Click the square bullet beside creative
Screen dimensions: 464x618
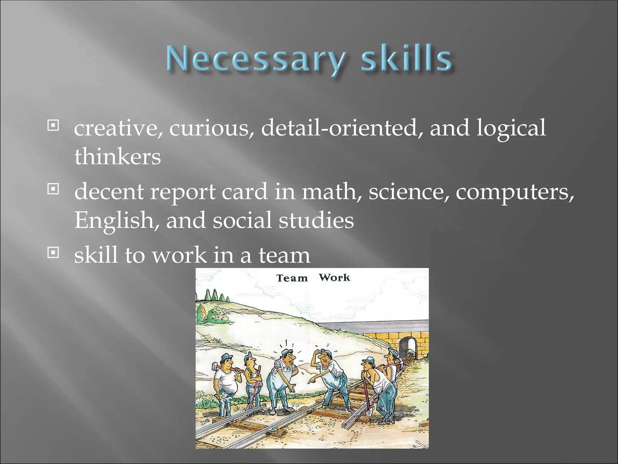point(53,125)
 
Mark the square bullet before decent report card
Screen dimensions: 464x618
point(53,189)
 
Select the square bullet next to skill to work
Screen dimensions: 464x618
point(53,253)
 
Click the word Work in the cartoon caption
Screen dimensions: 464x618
point(334,277)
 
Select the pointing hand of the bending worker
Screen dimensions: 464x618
point(311,382)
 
